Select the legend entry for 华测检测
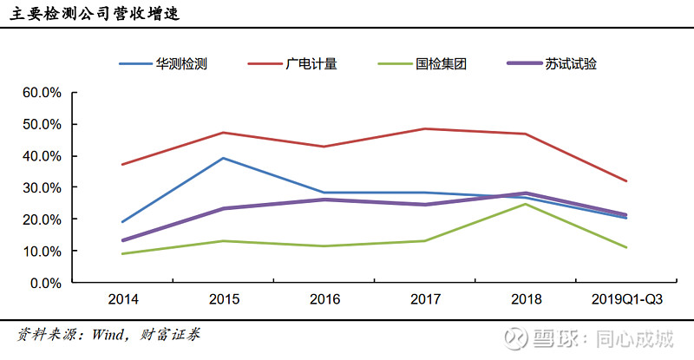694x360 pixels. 180,64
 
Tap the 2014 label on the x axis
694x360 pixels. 122,300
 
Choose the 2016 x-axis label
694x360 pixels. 325,300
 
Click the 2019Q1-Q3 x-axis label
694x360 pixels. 628,300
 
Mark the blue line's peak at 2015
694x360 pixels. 224,158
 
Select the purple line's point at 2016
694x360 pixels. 325,200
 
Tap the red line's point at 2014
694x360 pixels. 122,164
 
